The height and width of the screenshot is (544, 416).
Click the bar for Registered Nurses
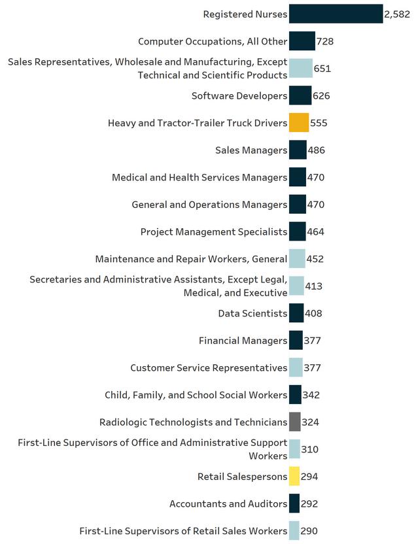pyautogui.click(x=336, y=14)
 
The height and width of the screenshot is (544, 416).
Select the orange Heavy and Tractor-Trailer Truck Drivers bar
pyautogui.click(x=299, y=123)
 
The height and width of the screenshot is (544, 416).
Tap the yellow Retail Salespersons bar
pyautogui.click(x=294, y=477)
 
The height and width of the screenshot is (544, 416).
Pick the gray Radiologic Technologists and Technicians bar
pyautogui.click(x=295, y=422)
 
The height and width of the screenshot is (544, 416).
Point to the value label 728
pyautogui.click(x=325, y=42)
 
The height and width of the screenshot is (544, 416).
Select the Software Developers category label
pyautogui.click(x=239, y=96)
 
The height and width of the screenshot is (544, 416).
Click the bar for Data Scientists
pyautogui.click(x=296, y=313)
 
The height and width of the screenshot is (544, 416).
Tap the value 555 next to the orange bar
pyautogui.click(x=319, y=123)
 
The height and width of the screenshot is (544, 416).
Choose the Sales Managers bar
pyautogui.click(x=298, y=150)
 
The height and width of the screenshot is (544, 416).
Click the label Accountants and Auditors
pyautogui.click(x=228, y=503)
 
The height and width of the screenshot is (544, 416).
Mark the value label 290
pyautogui.click(x=309, y=531)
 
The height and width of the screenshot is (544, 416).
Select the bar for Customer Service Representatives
pyautogui.click(x=296, y=367)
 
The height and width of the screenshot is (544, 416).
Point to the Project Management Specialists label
pyautogui.click(x=214, y=231)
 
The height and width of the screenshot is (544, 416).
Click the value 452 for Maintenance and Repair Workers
pyautogui.click(x=315, y=259)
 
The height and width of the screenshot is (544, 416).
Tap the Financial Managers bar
pyautogui.click(x=296, y=340)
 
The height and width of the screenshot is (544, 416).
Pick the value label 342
pyautogui.click(x=311, y=395)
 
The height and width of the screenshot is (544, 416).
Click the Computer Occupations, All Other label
pyautogui.click(x=213, y=42)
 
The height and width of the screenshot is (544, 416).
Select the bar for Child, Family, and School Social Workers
pyautogui.click(x=295, y=395)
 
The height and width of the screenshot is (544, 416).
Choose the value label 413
pyautogui.click(x=314, y=286)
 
